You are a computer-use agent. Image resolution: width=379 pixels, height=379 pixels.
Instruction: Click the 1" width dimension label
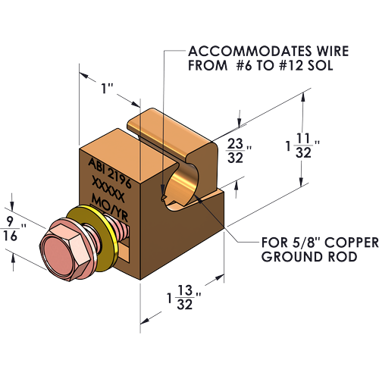(107, 89)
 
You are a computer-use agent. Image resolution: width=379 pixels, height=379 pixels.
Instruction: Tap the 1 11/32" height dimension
(302, 146)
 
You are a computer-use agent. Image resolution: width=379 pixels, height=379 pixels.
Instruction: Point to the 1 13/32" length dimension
(184, 297)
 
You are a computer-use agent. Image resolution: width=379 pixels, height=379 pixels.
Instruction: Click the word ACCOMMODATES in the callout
(250, 52)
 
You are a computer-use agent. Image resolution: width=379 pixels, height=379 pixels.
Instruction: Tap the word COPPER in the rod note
(352, 243)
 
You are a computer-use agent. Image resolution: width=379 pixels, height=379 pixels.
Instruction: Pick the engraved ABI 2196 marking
(110, 173)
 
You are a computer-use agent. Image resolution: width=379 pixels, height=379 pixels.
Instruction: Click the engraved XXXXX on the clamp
(108, 189)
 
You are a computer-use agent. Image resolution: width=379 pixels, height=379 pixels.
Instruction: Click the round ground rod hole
(183, 186)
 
